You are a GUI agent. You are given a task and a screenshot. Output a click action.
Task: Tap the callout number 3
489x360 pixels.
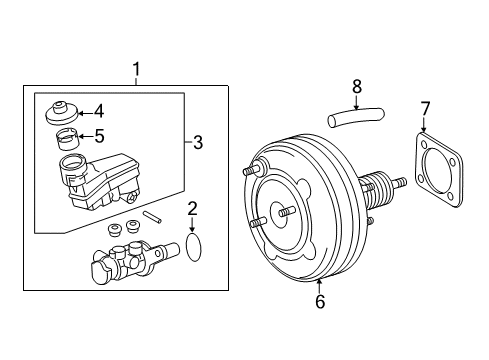coord(197,143)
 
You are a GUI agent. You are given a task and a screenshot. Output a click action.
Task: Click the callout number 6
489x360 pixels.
coord(320,301)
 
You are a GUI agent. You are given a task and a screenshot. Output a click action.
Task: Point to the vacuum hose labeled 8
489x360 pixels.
coord(349,118)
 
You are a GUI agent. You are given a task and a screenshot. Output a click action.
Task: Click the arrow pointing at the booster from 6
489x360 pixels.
coord(320,286)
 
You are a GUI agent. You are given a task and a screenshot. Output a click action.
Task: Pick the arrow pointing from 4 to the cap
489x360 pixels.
coord(83,112)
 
